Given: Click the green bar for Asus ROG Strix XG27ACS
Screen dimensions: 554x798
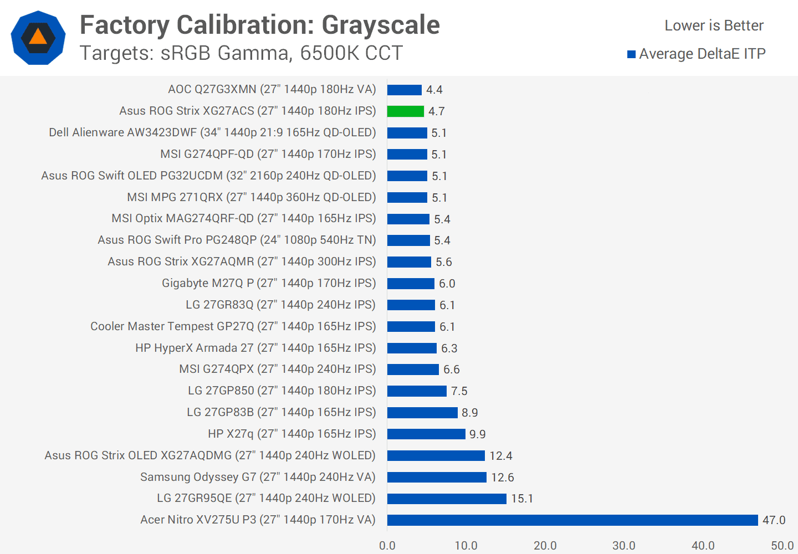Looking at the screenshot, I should point(405,111).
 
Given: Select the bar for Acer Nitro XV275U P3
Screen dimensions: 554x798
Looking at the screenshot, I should point(572,520).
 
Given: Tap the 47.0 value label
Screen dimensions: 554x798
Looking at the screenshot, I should point(774,520).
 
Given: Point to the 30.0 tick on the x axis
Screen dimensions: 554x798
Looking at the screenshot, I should point(624,546).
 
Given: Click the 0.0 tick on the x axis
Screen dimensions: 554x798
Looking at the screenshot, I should point(387,546).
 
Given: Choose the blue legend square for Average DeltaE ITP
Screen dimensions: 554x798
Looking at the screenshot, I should point(631,54).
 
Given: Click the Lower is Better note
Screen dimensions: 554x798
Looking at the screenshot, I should point(714,25).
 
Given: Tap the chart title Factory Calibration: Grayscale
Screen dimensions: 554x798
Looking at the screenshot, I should point(259,25).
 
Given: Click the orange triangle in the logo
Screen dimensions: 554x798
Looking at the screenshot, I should point(38,37).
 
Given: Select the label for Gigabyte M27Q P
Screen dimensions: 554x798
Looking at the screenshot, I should point(269,283).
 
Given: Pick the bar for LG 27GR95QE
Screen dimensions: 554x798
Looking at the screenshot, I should point(447,499).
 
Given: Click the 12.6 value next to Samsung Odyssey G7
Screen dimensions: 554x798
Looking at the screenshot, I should point(502,477).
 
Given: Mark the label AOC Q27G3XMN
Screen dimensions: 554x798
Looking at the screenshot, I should point(272,89).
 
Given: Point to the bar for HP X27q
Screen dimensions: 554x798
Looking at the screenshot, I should point(426,434).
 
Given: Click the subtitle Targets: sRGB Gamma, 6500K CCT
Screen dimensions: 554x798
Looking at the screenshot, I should point(241,53).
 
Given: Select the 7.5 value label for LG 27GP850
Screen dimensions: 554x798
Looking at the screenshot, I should point(459,391).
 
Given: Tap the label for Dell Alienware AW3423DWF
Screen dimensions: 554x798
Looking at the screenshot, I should point(212,132).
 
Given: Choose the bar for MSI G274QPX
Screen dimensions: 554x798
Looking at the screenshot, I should point(413,370).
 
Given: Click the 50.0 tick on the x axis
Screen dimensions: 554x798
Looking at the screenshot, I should point(782,546).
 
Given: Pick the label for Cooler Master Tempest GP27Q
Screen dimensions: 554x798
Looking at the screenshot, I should point(233,326).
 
